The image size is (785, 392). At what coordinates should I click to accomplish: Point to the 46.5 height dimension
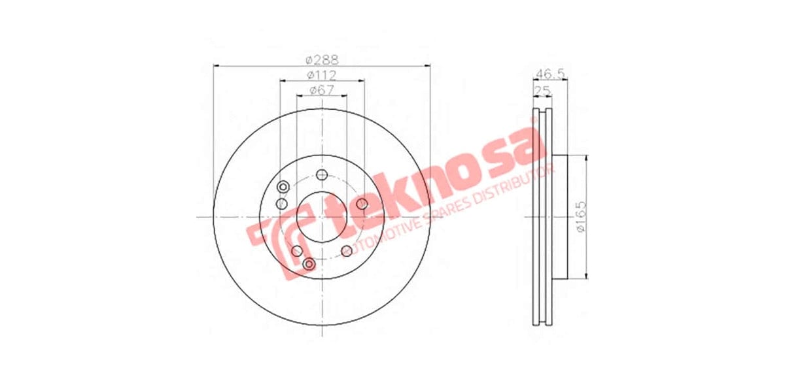tap(549, 73)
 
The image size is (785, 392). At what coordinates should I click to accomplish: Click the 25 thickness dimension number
tap(542, 90)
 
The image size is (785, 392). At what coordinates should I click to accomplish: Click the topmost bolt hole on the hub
tap(321, 175)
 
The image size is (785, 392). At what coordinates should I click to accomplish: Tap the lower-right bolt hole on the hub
tap(347, 251)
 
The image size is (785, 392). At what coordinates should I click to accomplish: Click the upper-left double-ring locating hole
tap(283, 188)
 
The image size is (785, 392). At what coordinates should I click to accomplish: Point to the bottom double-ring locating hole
tap(309, 264)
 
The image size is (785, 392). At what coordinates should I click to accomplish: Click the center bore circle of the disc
tap(321, 217)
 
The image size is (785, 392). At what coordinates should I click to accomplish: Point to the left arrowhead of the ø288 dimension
tap(217, 65)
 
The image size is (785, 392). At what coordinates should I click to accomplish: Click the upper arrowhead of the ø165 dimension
tap(585, 159)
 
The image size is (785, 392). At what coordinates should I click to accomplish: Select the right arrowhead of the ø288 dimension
tap(428, 65)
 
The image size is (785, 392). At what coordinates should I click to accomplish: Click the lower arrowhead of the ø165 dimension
tap(585, 275)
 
